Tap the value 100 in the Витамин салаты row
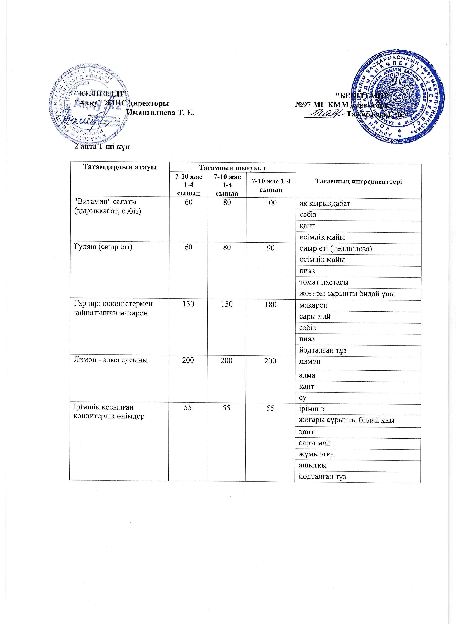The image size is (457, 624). coord(271,203)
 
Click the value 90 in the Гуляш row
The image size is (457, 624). coord(271,248)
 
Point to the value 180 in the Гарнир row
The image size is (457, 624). coord(271,304)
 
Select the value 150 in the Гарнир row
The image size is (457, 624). coord(227,304)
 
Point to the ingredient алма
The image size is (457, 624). coord(307,375)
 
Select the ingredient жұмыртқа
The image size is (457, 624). coord(316,454)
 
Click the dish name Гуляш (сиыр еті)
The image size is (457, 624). coord(103,247)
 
